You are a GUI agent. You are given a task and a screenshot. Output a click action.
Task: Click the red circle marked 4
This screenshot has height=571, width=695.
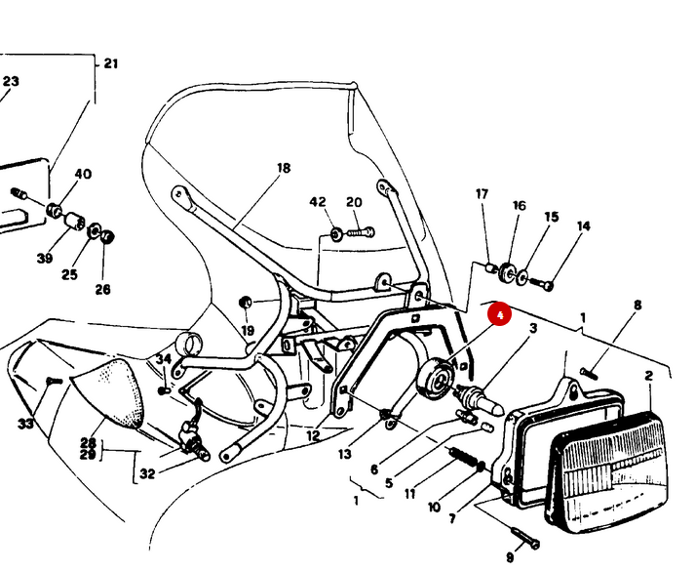point(498,315)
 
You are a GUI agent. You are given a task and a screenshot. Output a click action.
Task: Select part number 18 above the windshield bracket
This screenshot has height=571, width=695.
point(283,168)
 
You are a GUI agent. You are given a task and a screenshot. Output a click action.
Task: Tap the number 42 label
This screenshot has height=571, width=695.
point(318,202)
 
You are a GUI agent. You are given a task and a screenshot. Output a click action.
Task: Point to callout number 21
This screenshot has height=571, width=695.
point(110,63)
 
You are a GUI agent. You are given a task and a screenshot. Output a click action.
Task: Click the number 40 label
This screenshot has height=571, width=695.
point(83,174)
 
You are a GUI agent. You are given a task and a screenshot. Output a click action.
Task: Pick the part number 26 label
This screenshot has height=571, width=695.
point(102,289)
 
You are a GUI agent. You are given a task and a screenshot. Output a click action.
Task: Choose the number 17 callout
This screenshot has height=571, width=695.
point(482,194)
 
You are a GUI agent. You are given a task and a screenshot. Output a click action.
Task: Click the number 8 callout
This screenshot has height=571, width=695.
point(637,305)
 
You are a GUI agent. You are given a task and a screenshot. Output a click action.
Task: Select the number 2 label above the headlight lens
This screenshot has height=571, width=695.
point(648,375)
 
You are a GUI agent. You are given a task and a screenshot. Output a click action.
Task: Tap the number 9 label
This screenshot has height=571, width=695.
point(509,557)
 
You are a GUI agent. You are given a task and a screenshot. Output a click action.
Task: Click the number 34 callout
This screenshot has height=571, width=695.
point(163,359)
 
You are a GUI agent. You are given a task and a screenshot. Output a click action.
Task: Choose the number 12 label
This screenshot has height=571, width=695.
point(313,435)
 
